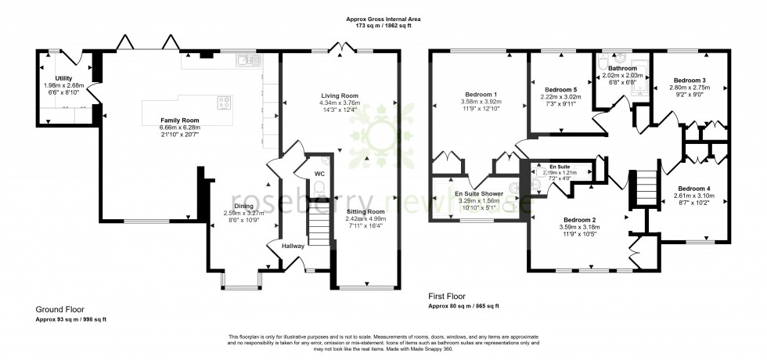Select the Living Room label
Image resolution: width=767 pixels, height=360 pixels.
click(x=340, y=95)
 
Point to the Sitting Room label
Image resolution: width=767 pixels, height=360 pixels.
click(x=366, y=211)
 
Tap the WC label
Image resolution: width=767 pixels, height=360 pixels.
click(x=319, y=173)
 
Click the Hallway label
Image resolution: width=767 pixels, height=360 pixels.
click(x=293, y=246)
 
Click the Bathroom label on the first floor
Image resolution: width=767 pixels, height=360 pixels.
click(x=623, y=69)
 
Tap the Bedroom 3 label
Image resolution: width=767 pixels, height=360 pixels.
click(x=689, y=81)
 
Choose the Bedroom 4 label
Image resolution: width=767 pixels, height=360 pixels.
click(x=694, y=189)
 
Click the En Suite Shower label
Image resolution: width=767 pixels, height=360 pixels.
click(x=480, y=193)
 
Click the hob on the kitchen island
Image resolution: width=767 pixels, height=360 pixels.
click(x=224, y=101)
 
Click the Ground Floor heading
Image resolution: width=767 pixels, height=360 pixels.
click(x=59, y=310)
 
